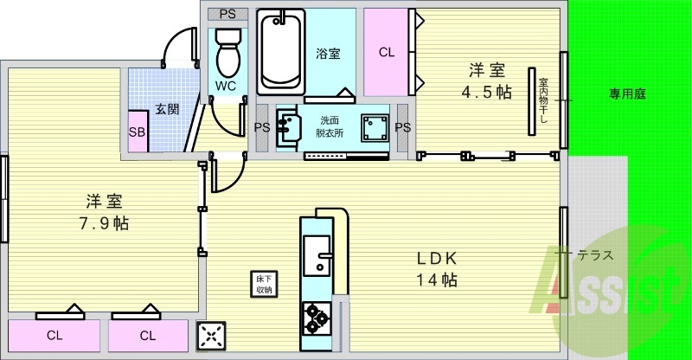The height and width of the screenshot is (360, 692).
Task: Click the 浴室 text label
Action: pyautogui.click(x=328, y=53)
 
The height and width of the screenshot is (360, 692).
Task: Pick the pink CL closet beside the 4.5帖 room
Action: pyautogui.click(x=386, y=53)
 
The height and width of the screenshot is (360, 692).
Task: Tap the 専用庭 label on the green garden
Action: pyautogui.click(x=628, y=94)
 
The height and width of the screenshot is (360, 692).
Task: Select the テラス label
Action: pyautogui.click(x=596, y=254)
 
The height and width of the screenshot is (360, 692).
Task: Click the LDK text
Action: pyautogui.click(x=437, y=257)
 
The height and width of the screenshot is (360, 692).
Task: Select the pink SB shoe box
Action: pyautogui.click(x=137, y=132)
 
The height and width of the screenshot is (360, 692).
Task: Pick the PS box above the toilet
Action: pyautogui.click(x=227, y=14)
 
